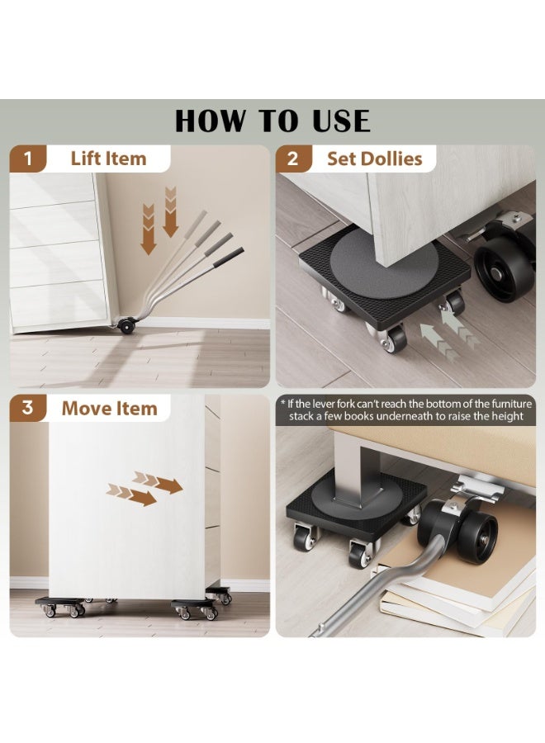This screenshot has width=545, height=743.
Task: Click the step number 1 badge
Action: click(x=28, y=159)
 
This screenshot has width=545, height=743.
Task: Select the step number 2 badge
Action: click(x=294, y=159)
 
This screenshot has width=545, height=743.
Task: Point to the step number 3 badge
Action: click(x=28, y=408)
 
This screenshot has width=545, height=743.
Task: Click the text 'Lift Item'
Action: click(x=108, y=159)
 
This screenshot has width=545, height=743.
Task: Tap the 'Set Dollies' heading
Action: click(x=374, y=159)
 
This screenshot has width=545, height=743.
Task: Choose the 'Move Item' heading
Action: click(x=110, y=409)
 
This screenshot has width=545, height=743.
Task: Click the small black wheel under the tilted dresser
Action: click(x=127, y=325)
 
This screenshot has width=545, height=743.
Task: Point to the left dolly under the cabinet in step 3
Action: click(x=60, y=607)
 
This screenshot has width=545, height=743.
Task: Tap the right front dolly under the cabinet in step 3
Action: click(x=195, y=609)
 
